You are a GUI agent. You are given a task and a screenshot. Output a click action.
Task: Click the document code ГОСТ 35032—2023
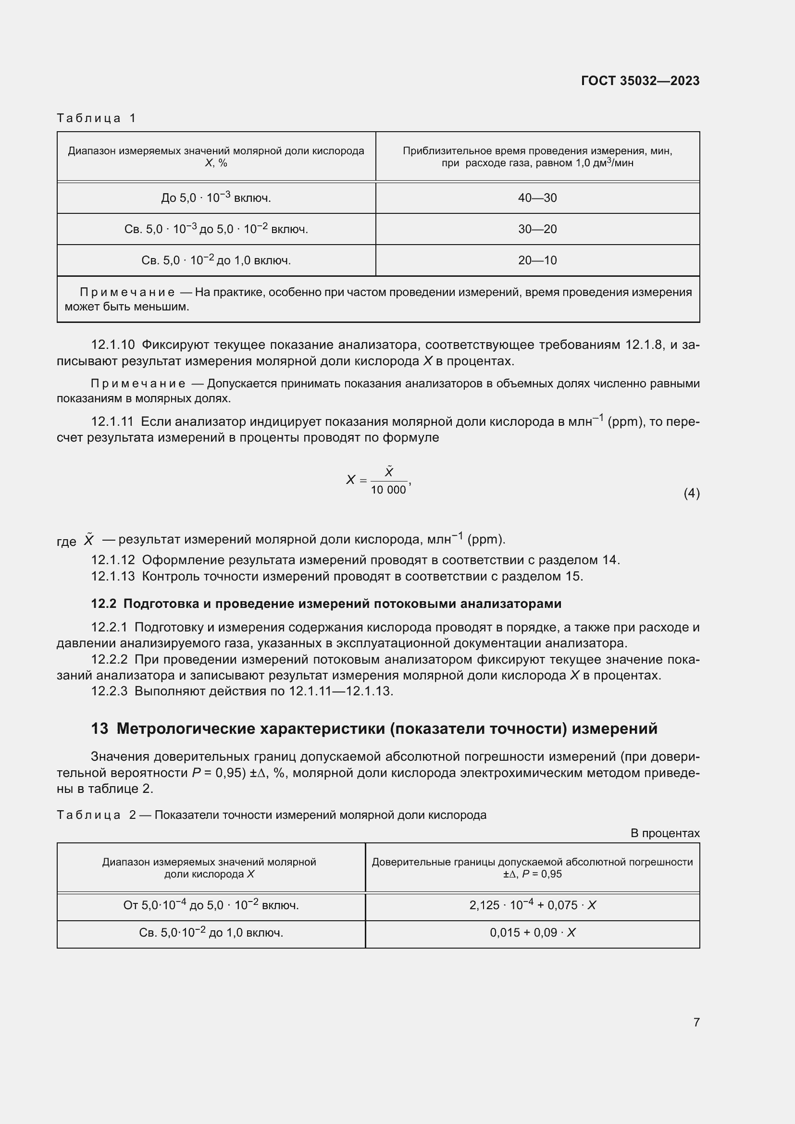click(x=640, y=81)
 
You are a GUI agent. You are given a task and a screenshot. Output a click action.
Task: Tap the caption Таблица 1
click(x=96, y=118)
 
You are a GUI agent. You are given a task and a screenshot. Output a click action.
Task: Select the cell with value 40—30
click(x=537, y=198)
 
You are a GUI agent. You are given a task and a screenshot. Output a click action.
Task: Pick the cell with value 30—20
click(x=537, y=229)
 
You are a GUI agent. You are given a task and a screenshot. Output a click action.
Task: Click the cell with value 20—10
click(x=537, y=260)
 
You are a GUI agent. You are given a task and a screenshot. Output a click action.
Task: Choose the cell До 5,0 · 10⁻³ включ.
click(x=216, y=198)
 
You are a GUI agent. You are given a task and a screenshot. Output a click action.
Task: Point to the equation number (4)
click(x=691, y=493)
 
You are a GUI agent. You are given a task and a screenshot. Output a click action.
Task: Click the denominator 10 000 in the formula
click(x=388, y=490)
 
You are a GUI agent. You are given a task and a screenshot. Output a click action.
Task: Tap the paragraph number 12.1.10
click(x=112, y=345)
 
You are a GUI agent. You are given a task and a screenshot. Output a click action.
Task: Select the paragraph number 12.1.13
click(x=112, y=576)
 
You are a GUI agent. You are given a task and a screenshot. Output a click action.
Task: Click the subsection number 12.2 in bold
click(x=103, y=604)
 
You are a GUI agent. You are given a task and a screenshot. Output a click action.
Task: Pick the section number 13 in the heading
click(x=99, y=729)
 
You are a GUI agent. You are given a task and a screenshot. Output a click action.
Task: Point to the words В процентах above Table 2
click(x=665, y=833)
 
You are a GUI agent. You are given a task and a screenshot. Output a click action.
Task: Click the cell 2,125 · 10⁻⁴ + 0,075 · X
click(x=532, y=905)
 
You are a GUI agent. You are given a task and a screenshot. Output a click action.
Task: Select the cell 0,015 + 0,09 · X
click(x=532, y=933)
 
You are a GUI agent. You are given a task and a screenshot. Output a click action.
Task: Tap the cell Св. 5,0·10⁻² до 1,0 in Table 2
click(x=211, y=933)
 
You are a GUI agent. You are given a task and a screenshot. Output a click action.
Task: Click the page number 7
click(x=696, y=1022)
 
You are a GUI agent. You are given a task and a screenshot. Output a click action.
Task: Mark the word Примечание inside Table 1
click(x=127, y=292)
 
